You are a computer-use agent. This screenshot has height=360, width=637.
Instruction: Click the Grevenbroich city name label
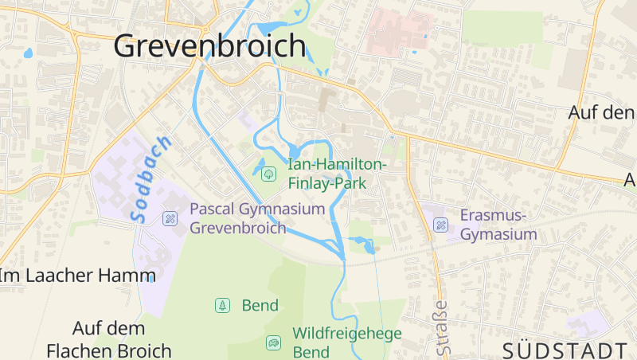209,45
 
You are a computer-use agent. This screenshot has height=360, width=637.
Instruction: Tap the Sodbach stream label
149,179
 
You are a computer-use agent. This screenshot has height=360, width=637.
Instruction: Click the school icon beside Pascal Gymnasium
170,217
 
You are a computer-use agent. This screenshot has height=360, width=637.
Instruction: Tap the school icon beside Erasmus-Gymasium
440,225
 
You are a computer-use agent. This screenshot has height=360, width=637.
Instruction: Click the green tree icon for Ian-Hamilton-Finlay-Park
268,172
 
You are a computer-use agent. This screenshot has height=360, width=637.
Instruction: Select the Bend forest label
260,305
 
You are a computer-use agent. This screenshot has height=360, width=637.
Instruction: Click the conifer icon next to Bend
222,305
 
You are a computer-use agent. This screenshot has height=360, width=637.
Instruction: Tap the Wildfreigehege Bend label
346,342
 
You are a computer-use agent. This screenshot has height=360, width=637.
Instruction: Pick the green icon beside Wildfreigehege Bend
274,342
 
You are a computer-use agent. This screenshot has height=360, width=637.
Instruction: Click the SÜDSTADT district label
565,350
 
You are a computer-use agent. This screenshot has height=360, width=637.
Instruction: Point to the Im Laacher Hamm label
77,276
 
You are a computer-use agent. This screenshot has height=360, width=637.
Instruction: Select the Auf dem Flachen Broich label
108,339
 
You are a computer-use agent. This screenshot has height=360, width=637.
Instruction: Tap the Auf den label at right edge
601,113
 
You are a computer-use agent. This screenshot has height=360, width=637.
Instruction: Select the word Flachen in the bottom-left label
79,350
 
